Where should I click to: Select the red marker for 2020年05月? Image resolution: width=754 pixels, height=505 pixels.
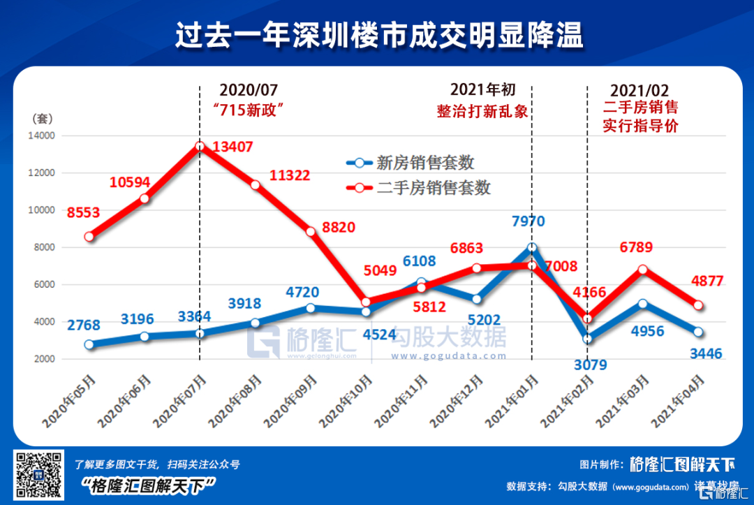[89, 237]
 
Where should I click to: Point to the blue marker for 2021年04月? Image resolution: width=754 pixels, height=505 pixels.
[698, 332]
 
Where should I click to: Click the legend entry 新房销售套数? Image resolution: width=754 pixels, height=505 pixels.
[425, 163]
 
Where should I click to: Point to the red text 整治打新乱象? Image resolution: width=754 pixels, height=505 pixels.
[482, 111]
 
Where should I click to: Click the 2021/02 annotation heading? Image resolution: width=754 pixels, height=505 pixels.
[640, 91]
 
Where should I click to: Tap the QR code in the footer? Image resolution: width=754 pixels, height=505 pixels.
[38, 475]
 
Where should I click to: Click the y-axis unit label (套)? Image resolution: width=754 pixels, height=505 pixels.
[42, 119]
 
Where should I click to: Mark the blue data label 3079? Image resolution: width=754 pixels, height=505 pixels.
[590, 364]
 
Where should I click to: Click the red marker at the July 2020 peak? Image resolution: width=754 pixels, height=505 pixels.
[200, 147]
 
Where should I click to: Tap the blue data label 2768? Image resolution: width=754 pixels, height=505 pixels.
[85, 325]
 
